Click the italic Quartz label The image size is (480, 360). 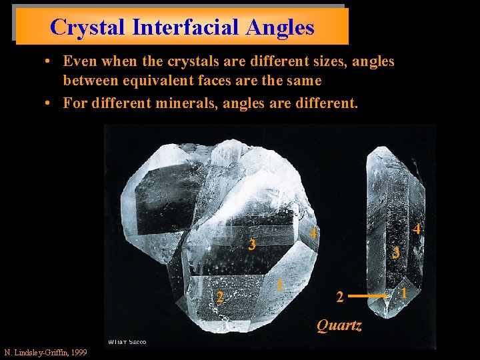pyautogui.click(x=339, y=325)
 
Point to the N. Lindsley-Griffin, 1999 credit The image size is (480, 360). pyautogui.click(x=45, y=352)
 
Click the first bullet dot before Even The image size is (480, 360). pyautogui.click(x=50, y=62)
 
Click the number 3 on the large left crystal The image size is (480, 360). pyautogui.click(x=251, y=245)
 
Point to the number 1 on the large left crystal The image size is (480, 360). pyautogui.click(x=281, y=285)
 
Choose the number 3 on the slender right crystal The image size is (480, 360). pyautogui.click(x=395, y=253)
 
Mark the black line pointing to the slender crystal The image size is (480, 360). pyautogui.click(x=369, y=294)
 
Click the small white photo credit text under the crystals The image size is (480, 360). pyautogui.click(x=126, y=343)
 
